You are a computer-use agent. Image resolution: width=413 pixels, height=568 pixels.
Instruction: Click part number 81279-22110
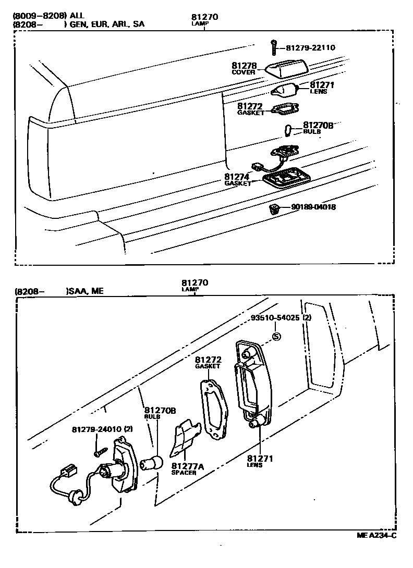coord(310,48)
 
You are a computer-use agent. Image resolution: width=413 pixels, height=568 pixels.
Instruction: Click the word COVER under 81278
coord(244,72)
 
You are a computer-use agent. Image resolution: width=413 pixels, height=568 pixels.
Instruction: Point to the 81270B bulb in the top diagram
coord(287,129)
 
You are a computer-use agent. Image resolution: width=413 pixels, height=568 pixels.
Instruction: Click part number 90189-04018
coord(313,207)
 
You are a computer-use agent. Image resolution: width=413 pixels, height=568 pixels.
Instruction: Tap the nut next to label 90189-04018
coord(273,209)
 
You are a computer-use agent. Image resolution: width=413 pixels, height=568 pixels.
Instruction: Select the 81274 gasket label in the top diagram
coord(237,177)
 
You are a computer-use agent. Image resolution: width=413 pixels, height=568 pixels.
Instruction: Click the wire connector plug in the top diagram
coord(256,167)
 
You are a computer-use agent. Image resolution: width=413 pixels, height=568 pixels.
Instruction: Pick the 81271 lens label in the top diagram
coord(322,85)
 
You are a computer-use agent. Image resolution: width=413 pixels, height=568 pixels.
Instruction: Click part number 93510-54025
coord(275,318)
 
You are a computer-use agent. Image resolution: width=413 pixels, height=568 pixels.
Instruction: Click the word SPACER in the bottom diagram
coord(184,473)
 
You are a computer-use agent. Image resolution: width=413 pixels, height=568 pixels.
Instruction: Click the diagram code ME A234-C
coord(376,535)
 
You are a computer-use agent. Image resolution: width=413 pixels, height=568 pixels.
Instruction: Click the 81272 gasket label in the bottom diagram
coord(209,360)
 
